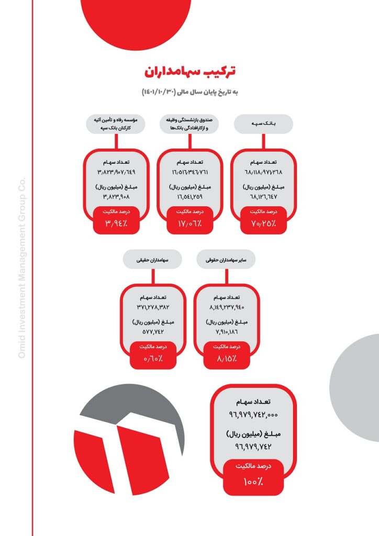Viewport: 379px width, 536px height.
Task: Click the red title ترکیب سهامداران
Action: point(190,71)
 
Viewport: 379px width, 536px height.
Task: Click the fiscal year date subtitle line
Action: point(190,92)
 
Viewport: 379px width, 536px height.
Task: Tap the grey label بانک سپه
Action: point(263,124)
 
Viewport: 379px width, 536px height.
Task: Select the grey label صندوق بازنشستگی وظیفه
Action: point(189,124)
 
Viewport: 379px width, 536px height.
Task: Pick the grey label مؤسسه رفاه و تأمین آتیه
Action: point(116,124)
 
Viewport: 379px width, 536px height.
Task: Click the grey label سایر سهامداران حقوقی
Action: point(226,260)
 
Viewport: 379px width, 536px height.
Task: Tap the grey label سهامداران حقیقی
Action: point(152,260)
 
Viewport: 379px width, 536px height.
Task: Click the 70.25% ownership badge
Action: point(263,220)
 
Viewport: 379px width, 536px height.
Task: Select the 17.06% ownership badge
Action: point(189,220)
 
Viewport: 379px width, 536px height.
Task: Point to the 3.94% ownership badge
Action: point(116,220)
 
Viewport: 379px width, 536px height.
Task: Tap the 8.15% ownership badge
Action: point(227,355)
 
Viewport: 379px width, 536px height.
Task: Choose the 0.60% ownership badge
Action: point(153,355)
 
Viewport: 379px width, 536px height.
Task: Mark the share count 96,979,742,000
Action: point(253,415)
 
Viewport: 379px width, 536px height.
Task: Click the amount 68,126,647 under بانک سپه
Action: point(263,197)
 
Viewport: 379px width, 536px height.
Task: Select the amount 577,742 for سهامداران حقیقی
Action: point(153,331)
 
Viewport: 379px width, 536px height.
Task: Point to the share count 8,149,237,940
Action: point(227,307)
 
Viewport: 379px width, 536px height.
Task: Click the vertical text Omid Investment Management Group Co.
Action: point(21,267)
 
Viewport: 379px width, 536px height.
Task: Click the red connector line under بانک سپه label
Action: point(263,141)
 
